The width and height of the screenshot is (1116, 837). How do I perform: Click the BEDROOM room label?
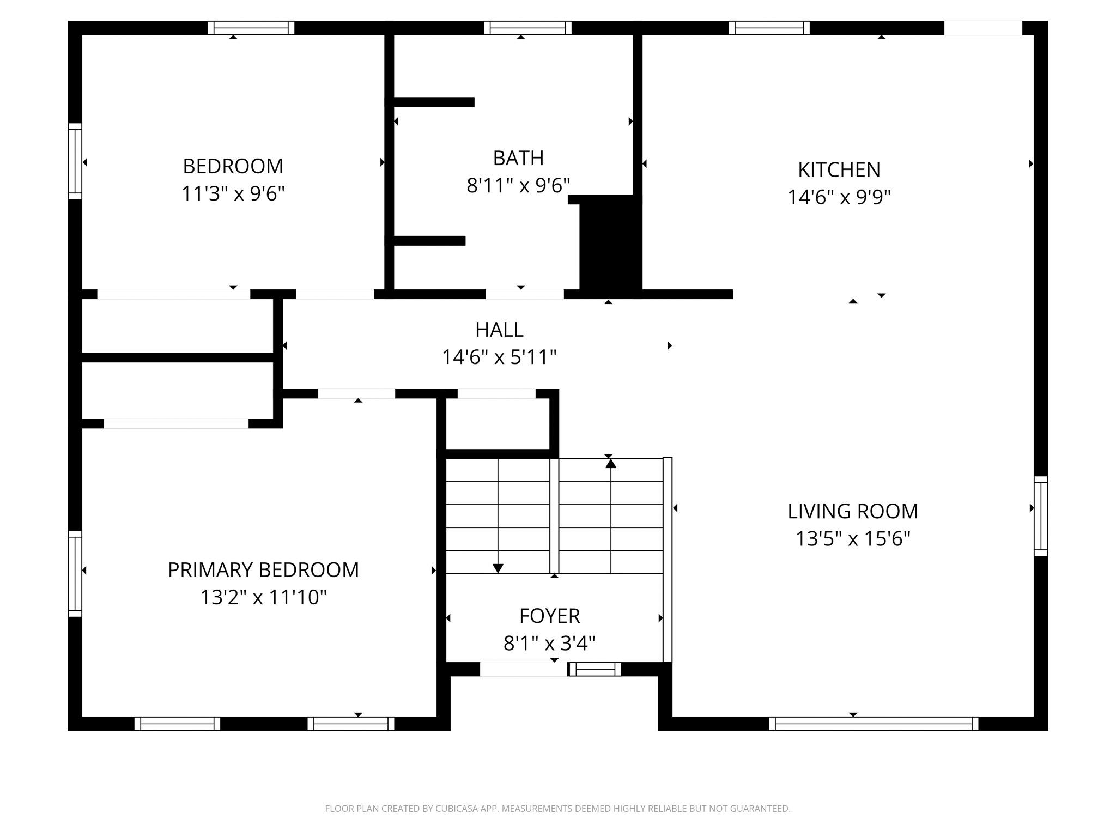tap(233, 166)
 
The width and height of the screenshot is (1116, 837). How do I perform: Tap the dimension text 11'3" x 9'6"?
tap(233, 193)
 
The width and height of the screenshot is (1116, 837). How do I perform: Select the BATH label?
tap(518, 158)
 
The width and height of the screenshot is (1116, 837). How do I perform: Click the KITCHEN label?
tap(839, 170)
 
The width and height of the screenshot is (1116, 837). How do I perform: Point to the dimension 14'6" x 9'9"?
tap(839, 197)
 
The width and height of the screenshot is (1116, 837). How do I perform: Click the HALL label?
tap(499, 330)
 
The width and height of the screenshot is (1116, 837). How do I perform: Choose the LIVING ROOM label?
tap(853, 511)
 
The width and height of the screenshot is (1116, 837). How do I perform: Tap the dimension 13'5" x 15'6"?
tap(853, 539)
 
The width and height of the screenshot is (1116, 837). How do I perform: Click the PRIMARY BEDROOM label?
tap(263, 570)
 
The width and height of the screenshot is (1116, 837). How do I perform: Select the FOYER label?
tap(549, 616)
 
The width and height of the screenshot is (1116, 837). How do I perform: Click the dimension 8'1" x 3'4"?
tap(549, 644)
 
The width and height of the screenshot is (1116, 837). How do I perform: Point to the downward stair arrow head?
tap(498, 568)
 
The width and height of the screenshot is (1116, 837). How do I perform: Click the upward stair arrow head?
tap(611, 464)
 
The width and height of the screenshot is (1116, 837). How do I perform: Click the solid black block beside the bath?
tap(610, 245)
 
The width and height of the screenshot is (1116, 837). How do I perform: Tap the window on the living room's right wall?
tap(1041, 516)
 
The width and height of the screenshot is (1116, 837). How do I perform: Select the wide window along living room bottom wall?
tap(873, 724)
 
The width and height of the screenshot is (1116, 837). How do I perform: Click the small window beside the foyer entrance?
tap(595, 669)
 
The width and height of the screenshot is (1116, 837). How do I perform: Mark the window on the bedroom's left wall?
tap(75, 161)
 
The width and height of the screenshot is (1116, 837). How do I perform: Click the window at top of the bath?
tap(527, 28)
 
